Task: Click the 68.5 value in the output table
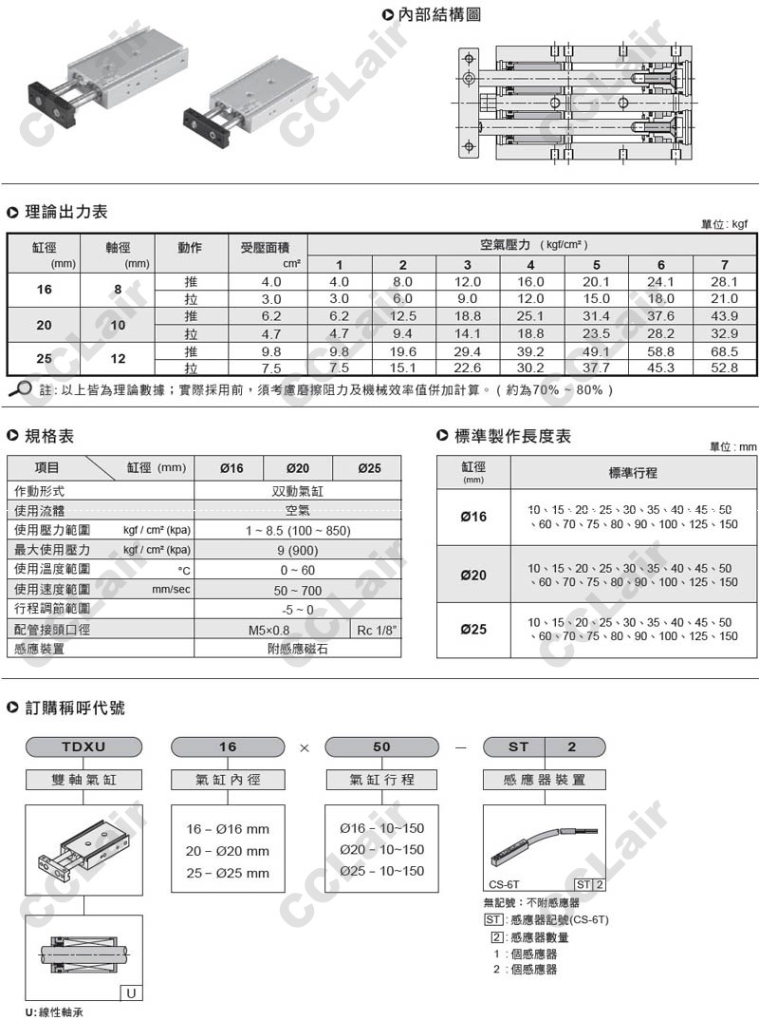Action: click(724, 350)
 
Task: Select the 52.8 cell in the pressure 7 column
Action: click(724, 368)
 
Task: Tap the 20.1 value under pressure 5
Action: click(596, 282)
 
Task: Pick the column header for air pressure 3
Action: click(467, 264)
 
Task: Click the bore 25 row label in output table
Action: click(45, 359)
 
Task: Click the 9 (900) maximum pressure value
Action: click(298, 550)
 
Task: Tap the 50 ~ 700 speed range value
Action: click(298, 590)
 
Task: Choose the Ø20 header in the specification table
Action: click(297, 468)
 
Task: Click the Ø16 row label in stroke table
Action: click(473, 517)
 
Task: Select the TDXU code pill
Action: click(83, 746)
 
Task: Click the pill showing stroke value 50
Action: click(381, 746)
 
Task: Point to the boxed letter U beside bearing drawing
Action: click(130, 993)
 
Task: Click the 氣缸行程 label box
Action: click(381, 780)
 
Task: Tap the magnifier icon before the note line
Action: click(19, 387)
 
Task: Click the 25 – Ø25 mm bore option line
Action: click(228, 873)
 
